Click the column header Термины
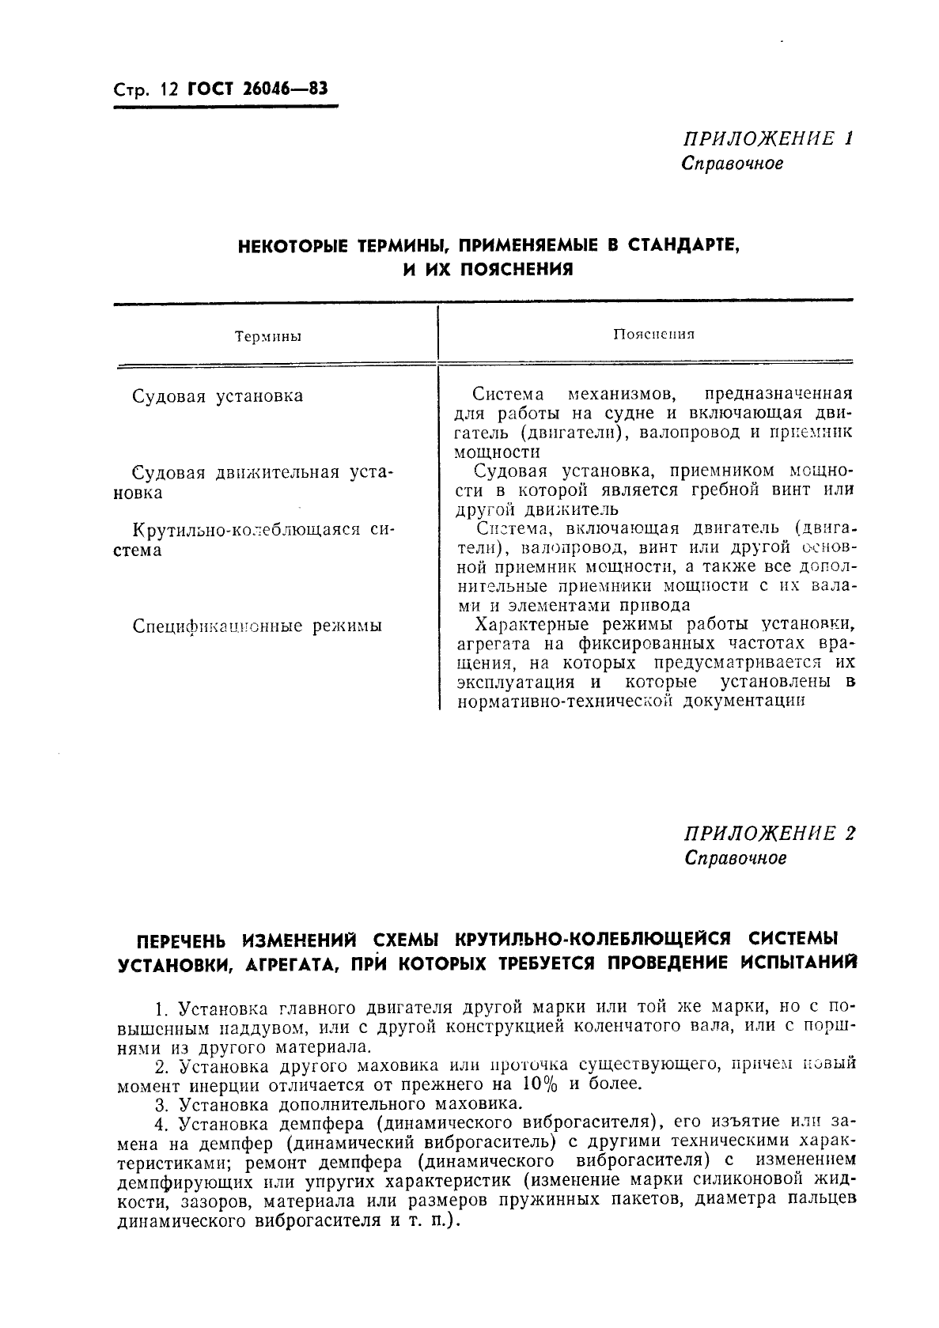[x=268, y=337]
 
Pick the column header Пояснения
[x=653, y=334]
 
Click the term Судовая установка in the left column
[x=218, y=395]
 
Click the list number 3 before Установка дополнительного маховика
[x=161, y=1103]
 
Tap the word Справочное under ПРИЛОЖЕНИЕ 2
[x=736, y=858]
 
